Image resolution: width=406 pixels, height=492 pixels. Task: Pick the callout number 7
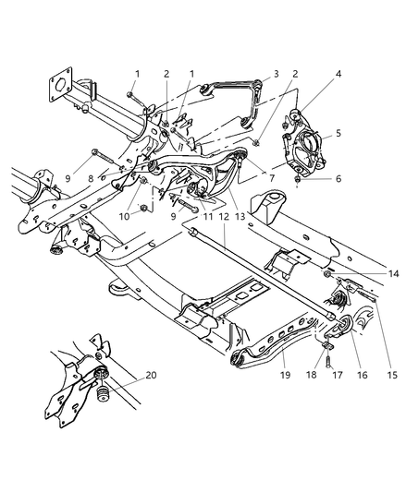tap(270, 175)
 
